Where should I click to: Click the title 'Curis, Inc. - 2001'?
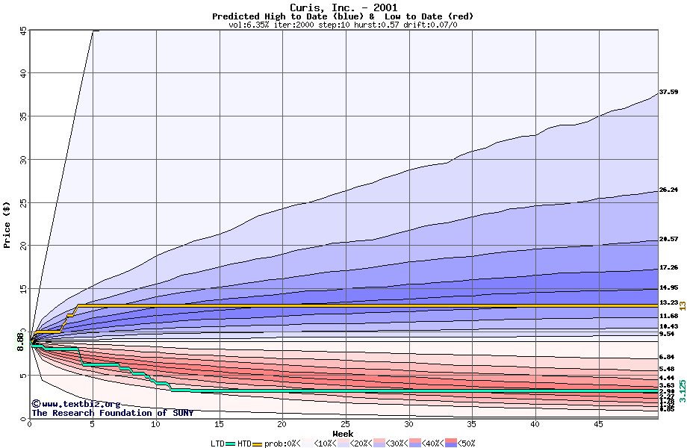coord(343,7)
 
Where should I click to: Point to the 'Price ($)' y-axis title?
coord(7,224)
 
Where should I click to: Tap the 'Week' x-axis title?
coord(343,434)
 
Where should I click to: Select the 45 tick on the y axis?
coord(22,31)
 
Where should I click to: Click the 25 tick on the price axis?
coord(22,202)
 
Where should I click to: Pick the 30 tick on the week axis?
coord(409,425)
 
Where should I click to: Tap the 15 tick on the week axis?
coord(220,425)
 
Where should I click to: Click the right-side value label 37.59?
coord(668,92)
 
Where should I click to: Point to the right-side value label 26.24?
coord(668,190)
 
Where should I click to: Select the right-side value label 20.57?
coord(668,239)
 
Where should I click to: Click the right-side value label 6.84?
coord(667,358)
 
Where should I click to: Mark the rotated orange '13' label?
coord(682,305)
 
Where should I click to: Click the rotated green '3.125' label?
coord(682,392)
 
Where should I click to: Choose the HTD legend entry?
coord(245,443)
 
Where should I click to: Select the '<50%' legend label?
coord(466,443)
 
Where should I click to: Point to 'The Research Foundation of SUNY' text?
coord(112,413)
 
